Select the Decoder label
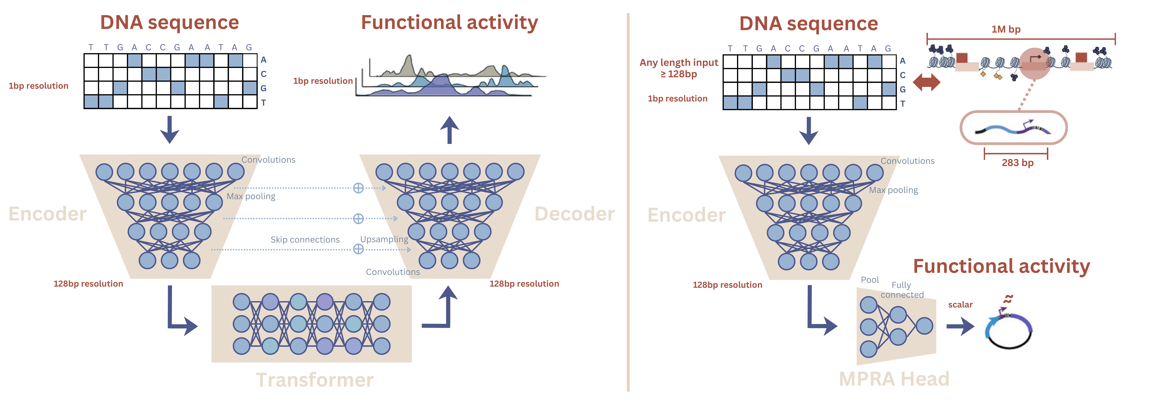(x=575, y=214)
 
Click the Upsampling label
(x=384, y=239)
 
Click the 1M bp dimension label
(x=1006, y=29)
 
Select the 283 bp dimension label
(x=1017, y=163)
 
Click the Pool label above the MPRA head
(x=870, y=280)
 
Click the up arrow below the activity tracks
(x=450, y=130)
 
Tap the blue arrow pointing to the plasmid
(x=960, y=326)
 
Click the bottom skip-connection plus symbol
(x=358, y=249)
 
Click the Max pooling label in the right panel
(x=893, y=190)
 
